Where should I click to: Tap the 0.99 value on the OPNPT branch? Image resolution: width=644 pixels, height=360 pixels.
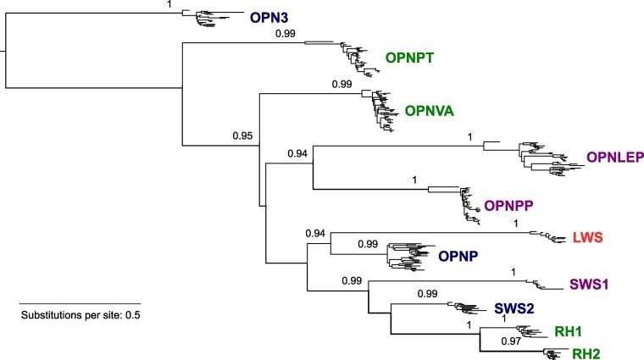[x=286, y=35]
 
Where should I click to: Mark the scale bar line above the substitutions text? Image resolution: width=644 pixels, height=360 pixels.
[x=79, y=302]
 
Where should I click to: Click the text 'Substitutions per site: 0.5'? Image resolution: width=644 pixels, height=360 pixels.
[x=80, y=316]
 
